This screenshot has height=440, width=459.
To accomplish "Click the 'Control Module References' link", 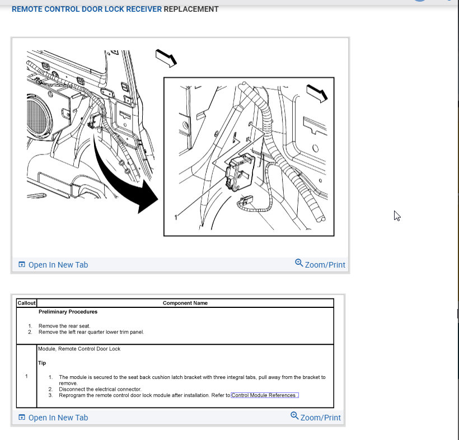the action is (265, 395).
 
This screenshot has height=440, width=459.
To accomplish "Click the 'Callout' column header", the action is (26, 303).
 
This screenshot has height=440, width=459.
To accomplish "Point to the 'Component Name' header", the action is (185, 303).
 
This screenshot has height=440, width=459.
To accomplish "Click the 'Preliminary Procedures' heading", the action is (68, 312).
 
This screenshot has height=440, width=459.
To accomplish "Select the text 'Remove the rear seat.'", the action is (64, 326).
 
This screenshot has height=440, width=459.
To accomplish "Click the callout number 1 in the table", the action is (26, 376).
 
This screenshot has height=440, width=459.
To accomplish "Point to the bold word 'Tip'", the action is (42, 363).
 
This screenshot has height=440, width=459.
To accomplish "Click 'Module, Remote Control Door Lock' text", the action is (79, 349).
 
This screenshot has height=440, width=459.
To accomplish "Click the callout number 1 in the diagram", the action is (176, 218).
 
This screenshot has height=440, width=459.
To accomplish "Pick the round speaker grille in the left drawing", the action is (39, 116).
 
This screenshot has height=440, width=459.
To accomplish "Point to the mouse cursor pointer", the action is (397, 216).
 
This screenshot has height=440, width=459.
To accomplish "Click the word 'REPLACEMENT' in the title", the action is (191, 9).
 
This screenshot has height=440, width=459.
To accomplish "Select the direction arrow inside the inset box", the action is (317, 93).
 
